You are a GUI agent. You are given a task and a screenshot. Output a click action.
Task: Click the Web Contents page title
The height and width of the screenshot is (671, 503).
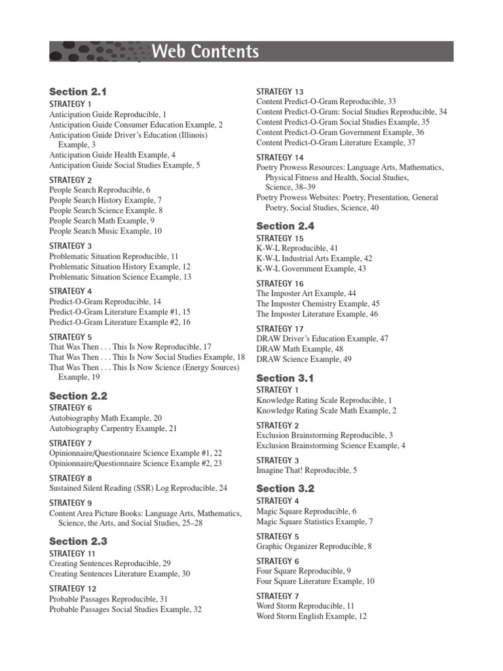pos(204,51)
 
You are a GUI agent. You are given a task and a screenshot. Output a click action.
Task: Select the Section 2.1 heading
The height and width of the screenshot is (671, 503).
pos(77,92)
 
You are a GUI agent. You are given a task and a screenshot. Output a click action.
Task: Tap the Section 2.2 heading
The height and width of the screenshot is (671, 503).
pos(78,396)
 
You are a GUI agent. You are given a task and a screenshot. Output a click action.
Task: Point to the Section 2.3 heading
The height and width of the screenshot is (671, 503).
pos(78,541)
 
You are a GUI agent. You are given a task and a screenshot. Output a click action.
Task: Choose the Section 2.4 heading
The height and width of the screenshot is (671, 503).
pos(285,225)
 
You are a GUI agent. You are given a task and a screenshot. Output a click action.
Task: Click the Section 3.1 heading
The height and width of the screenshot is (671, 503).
pos(285,378)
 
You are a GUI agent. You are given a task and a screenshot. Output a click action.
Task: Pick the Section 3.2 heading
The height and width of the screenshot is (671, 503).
pos(285,488)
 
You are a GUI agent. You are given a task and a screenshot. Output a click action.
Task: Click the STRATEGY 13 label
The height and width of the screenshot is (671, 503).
pos(280,91)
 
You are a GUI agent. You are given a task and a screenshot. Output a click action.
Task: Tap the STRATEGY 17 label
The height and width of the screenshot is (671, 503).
pos(280,328)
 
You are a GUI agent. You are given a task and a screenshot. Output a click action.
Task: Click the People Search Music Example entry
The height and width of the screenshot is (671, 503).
pos(105,231)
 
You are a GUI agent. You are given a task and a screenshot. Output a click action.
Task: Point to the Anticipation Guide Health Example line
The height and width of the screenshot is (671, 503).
pos(113,155)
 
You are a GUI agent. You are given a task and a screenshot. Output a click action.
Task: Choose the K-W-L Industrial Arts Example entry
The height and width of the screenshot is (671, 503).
pos(314,259)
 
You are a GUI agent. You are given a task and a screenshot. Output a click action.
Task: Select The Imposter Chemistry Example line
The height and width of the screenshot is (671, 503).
pos(318,304)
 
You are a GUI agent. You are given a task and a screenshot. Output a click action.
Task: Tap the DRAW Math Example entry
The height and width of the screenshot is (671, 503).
pos(299,349)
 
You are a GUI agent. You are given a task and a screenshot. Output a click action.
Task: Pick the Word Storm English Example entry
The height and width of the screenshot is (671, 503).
pos(312,617)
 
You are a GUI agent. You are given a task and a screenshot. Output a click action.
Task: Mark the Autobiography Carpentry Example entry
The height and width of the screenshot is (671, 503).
pos(113,429)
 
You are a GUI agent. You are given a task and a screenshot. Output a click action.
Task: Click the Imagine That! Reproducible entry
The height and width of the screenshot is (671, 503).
pos(307,470)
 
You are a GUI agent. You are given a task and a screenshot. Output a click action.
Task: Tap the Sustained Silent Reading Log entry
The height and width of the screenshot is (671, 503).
pos(138,488)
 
